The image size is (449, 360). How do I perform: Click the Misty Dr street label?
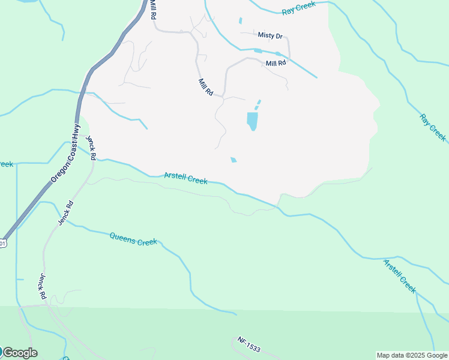(270, 35)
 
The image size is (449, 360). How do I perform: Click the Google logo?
(20, 353)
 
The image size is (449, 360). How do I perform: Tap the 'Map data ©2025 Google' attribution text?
(412, 355)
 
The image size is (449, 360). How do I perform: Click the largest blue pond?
(252, 121)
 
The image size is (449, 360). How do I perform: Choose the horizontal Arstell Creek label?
(186, 178)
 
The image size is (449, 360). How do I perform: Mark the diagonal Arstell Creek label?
(400, 275)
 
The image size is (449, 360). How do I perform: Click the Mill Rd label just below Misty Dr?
(276, 62)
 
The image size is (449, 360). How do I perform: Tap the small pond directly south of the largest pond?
(233, 160)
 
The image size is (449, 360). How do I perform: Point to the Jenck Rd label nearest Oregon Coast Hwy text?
(91, 148)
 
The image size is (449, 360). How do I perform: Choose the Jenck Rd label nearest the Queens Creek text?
(65, 213)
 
